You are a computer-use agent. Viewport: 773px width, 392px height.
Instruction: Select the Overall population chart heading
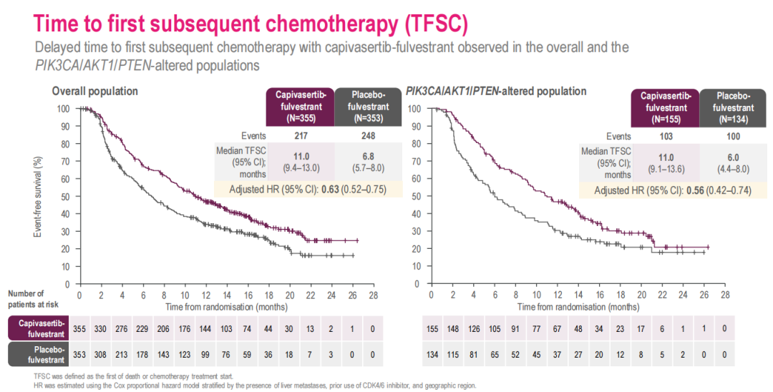tap(94, 92)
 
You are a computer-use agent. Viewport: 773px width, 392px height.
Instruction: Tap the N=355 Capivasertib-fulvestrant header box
tap(298, 107)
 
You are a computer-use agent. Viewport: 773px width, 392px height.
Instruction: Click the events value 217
tap(298, 136)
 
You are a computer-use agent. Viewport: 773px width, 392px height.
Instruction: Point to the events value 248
tap(369, 136)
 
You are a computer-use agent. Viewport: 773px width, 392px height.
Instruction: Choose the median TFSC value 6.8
tap(369, 157)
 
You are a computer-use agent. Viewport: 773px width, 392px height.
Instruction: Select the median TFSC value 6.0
tap(734, 157)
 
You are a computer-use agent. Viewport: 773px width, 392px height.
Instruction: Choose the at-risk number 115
tap(453, 354)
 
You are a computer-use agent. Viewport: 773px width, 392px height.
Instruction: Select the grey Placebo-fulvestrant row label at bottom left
tap(39, 354)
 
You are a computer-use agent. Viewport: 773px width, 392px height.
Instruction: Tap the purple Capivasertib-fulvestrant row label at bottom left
tap(39, 329)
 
